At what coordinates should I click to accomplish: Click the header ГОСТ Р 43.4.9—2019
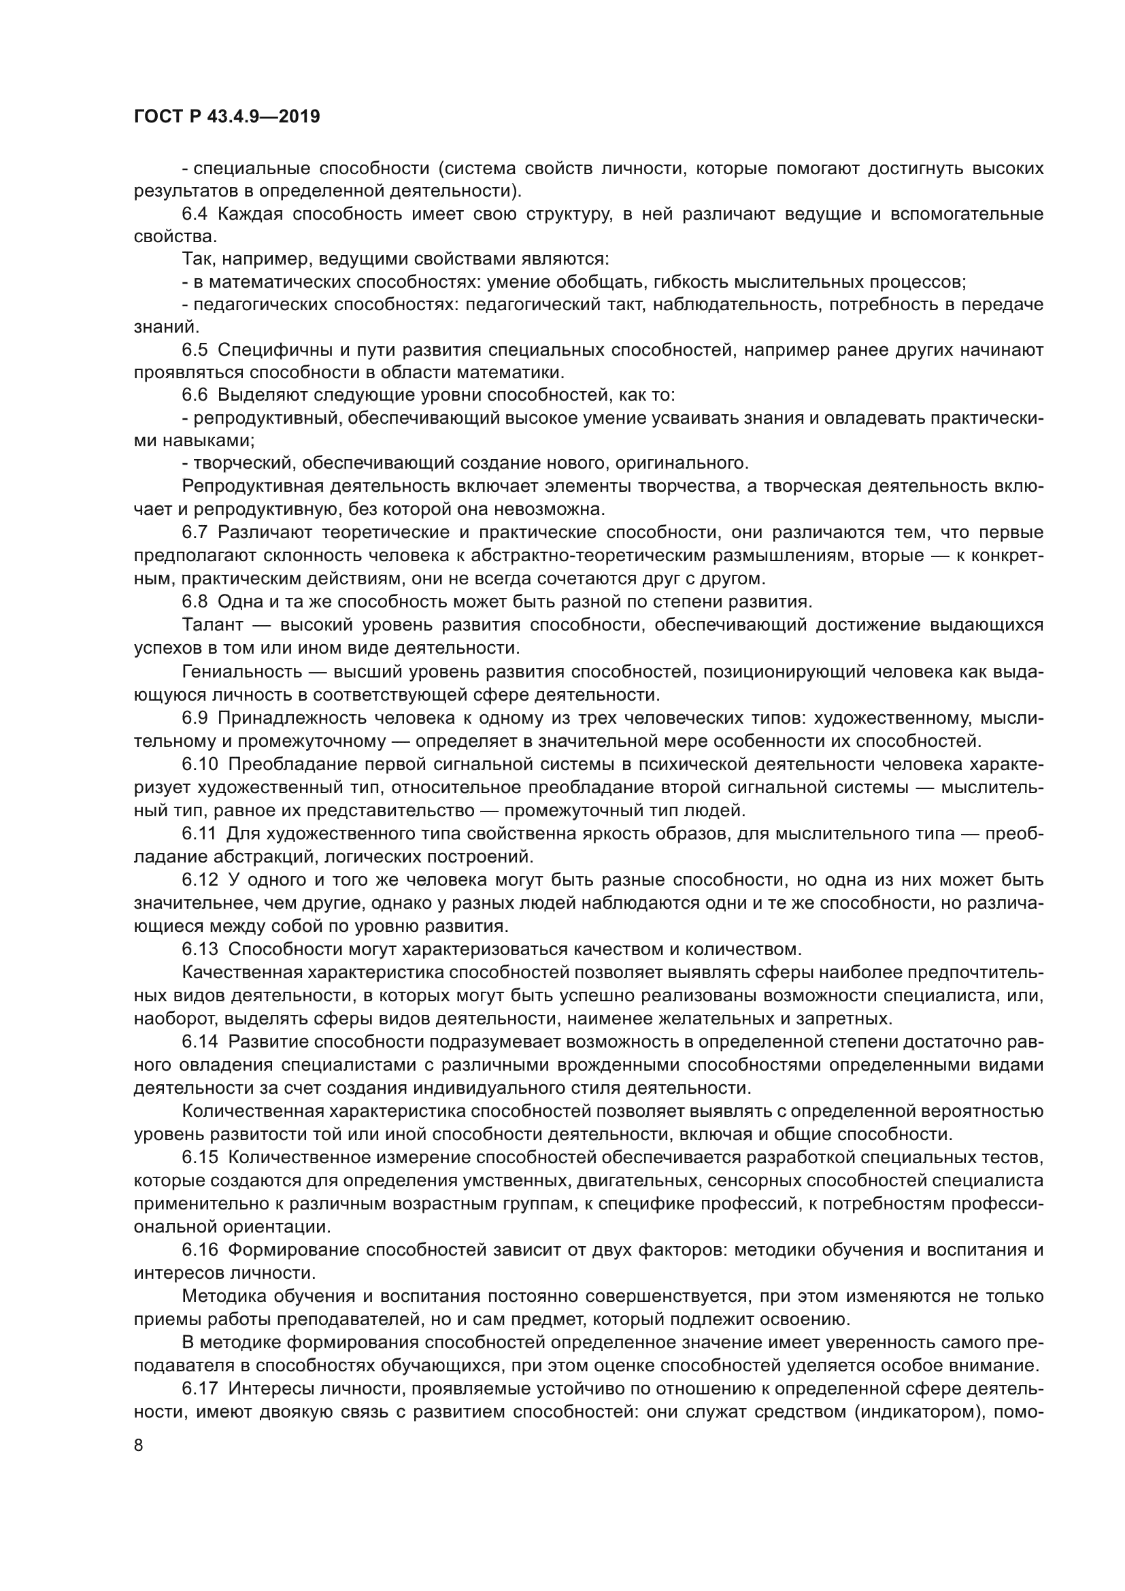(226, 117)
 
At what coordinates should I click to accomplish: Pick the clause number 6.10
(200, 765)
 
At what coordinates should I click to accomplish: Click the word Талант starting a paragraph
(212, 625)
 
